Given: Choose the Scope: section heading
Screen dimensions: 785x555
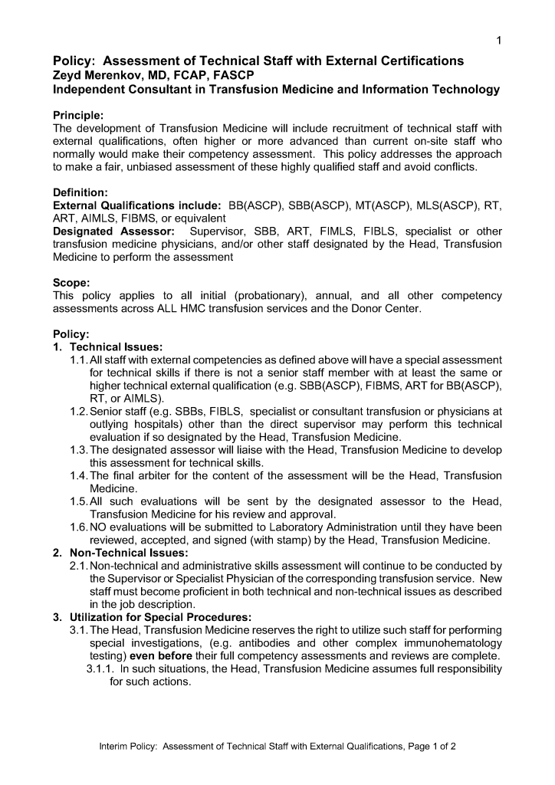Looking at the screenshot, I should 71,282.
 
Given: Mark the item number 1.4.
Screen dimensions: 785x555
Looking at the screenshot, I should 79,476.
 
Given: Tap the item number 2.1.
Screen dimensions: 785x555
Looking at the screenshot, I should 79,566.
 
